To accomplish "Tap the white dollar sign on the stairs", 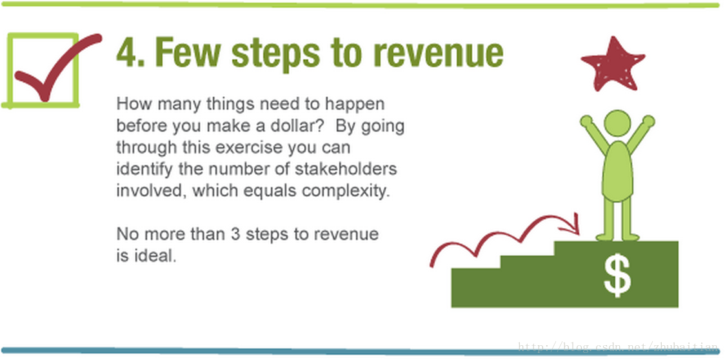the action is [617, 275].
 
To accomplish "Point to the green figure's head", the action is [617, 123].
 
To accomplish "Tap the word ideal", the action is [155, 255].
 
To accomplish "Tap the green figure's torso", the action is [617, 171].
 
